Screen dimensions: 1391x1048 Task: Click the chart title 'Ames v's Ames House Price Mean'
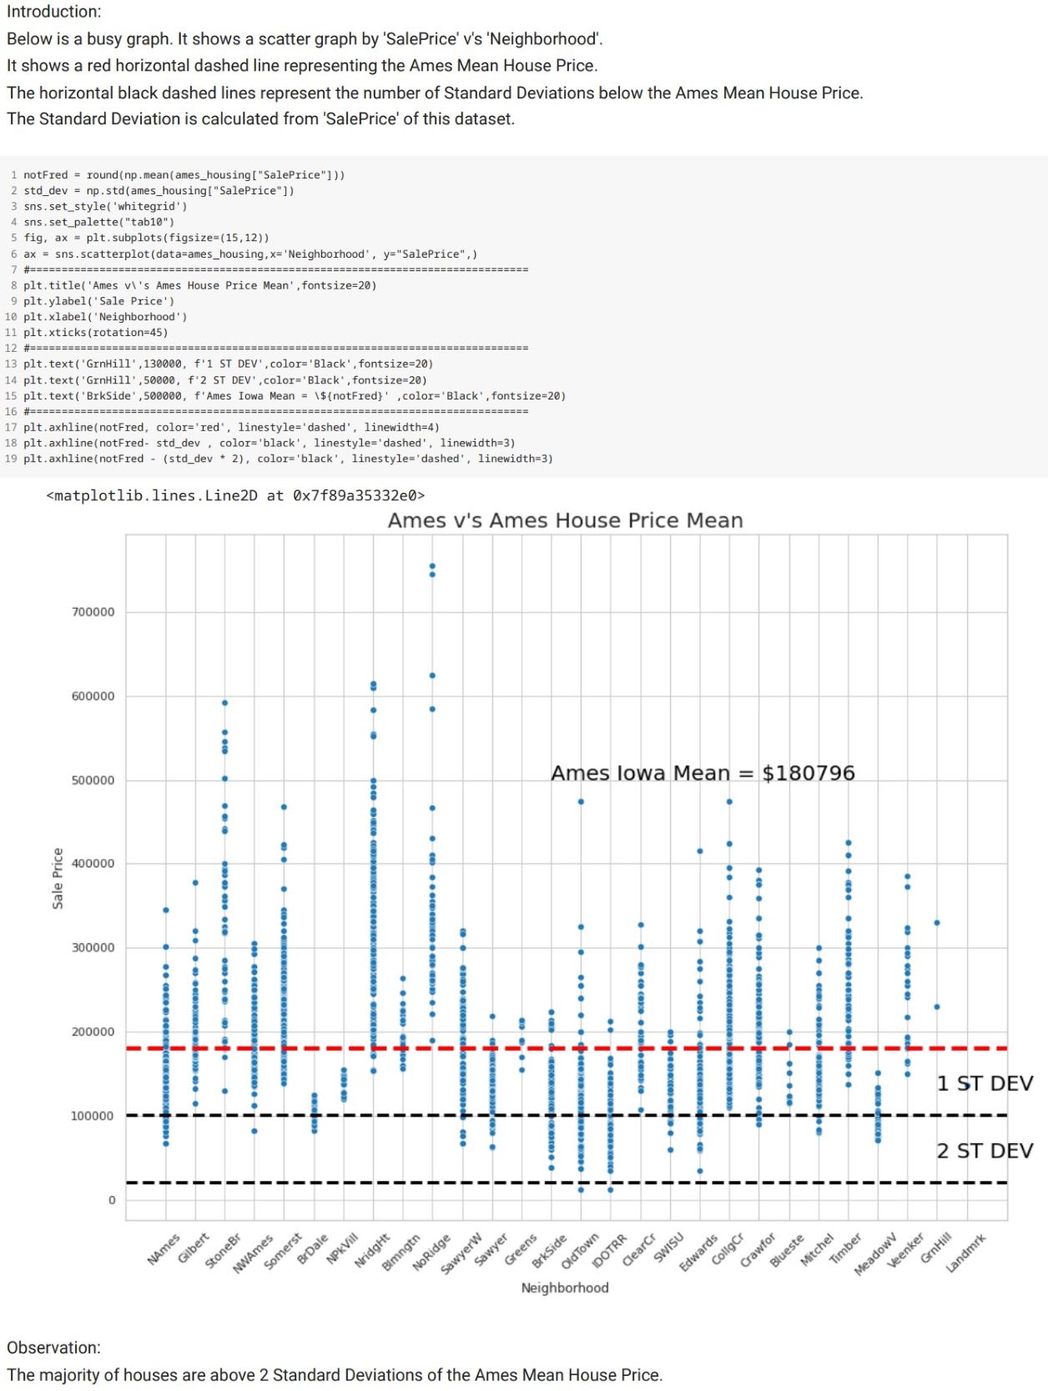point(565,520)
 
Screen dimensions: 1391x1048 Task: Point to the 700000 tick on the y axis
point(93,612)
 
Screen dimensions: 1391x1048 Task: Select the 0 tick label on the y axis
point(112,1200)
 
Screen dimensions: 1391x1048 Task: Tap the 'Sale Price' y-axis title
point(58,878)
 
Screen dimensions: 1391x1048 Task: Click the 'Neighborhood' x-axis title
point(565,1288)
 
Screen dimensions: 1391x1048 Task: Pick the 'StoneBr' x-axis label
point(223,1252)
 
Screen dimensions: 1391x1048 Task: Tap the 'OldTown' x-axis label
point(580,1252)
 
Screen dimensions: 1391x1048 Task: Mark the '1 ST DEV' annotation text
point(985,1083)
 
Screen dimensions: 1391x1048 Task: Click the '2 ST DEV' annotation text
point(985,1151)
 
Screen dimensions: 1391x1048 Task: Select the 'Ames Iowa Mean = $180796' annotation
point(703,773)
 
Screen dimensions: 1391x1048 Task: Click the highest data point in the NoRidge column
point(432,566)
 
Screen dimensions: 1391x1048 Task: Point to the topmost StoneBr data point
point(224,703)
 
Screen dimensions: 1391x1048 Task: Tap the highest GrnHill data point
point(937,922)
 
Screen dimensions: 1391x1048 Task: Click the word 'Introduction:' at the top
point(54,12)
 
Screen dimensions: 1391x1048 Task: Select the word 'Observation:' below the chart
point(53,1348)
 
